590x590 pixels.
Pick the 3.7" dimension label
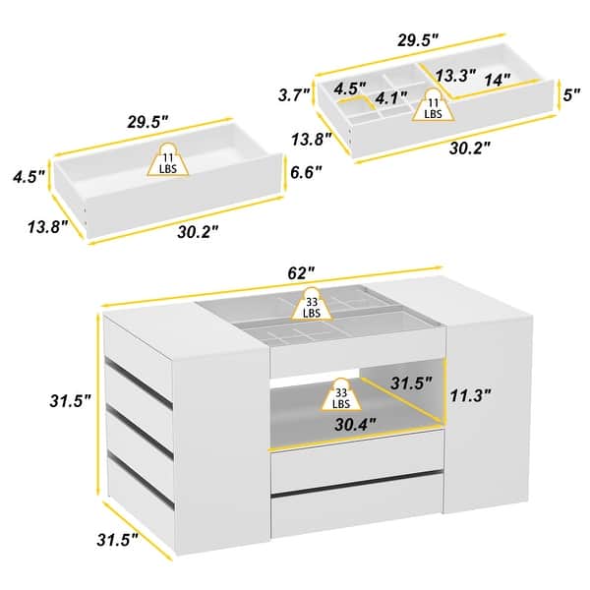[295, 95]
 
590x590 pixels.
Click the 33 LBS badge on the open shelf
[339, 396]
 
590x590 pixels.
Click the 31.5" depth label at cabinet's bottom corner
[117, 541]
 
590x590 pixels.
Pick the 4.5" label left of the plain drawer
[28, 178]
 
